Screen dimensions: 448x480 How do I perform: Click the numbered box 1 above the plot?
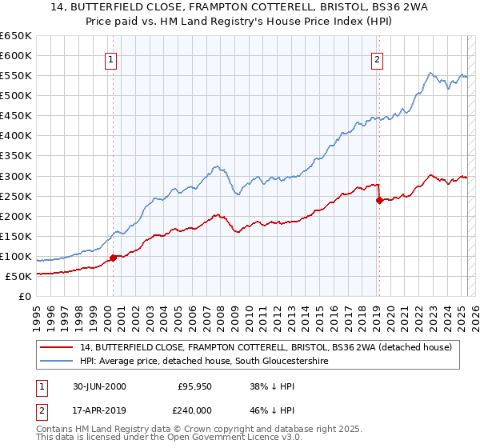click(x=110, y=58)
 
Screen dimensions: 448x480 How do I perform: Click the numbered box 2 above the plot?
click(x=377, y=58)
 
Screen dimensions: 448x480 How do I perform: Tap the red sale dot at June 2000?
click(x=114, y=258)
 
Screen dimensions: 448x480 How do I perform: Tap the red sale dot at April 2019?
click(x=379, y=200)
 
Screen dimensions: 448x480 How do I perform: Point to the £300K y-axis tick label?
click(x=16, y=176)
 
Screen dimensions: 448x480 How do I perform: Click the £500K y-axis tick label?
click(x=16, y=95)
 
